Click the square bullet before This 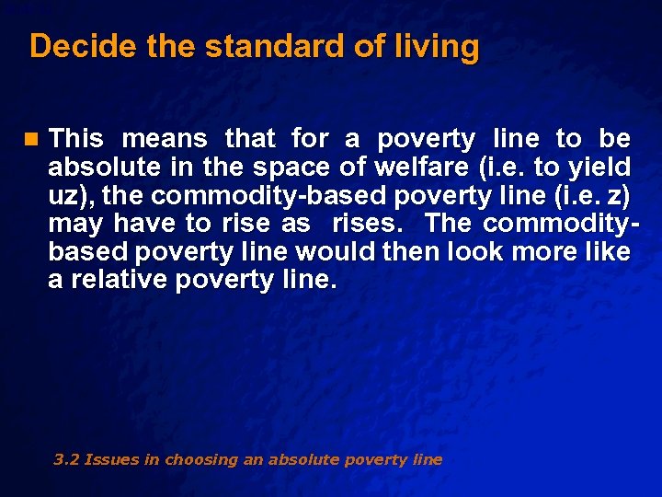(34, 140)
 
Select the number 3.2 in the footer (66, 459)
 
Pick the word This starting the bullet (76, 140)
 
